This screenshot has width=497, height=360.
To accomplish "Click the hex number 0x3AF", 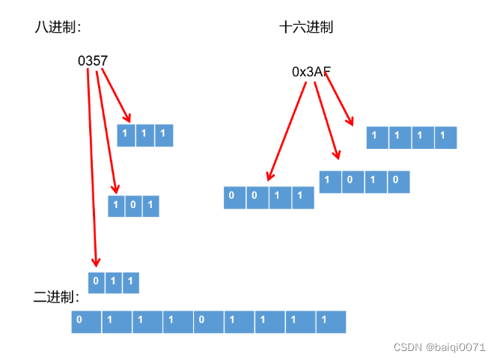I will pyautogui.click(x=311, y=72).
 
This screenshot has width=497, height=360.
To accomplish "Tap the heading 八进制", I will pyautogui.click(x=57, y=27).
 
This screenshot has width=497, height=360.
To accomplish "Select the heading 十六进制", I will pyautogui.click(x=306, y=27).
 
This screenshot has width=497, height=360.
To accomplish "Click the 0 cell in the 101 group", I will pyautogui.click(x=133, y=206).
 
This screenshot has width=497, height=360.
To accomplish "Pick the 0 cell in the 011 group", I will pyautogui.click(x=97, y=282).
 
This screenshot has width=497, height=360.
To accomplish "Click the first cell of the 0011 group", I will pyautogui.click(x=234, y=197).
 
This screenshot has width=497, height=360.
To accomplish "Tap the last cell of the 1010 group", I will pyautogui.click(x=398, y=182).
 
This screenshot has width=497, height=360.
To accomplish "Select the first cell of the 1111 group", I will pyautogui.click(x=377, y=137).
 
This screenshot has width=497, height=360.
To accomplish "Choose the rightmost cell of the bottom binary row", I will pyautogui.click(x=331, y=322).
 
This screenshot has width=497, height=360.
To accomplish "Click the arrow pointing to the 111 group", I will pyautogui.click(x=116, y=96).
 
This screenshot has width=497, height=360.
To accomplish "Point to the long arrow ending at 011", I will pyautogui.click(x=91, y=165).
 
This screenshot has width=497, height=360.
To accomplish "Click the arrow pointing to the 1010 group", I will pyautogui.click(x=327, y=120).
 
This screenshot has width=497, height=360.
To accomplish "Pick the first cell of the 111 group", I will pyautogui.click(x=125, y=135).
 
